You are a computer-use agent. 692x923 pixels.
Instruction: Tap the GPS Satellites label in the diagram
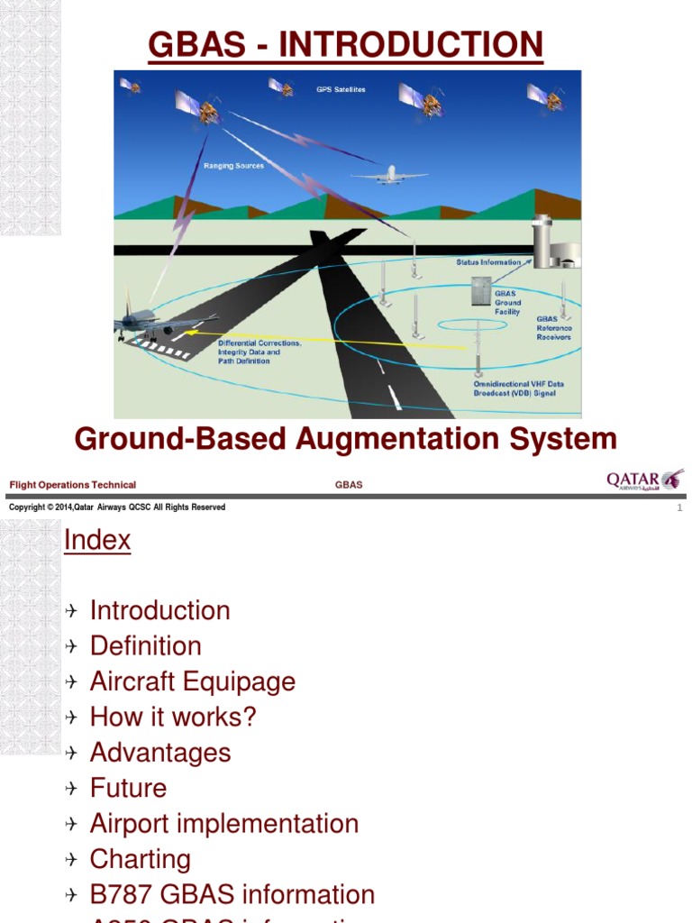341,90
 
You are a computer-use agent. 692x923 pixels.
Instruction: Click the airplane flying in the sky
390,175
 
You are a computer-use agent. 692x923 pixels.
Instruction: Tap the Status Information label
488,262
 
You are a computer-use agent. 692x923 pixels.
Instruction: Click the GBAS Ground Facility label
507,304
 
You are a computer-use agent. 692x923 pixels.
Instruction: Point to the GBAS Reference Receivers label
554,328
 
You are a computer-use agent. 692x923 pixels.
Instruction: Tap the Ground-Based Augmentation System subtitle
346,440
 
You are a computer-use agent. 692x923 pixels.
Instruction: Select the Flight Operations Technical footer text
73,485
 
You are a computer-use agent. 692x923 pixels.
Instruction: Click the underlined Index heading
97,541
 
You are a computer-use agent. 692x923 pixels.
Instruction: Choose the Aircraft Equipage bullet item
193,681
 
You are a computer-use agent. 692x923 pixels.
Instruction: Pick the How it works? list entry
173,717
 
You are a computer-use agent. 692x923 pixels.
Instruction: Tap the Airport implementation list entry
224,824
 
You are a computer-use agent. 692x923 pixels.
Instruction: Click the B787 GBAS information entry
232,895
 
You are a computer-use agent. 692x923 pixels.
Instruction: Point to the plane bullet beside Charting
73,860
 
